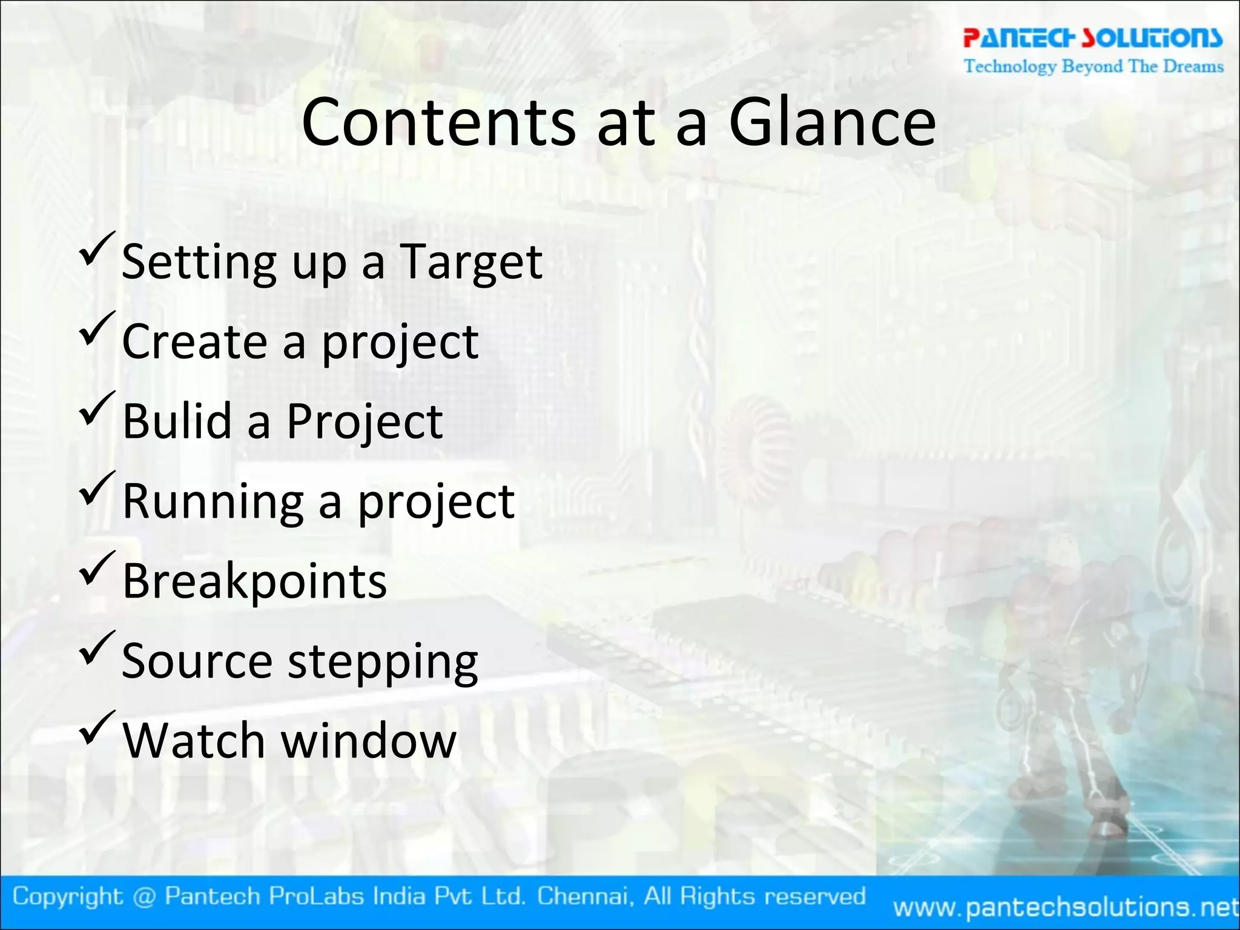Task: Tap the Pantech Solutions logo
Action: point(1093,38)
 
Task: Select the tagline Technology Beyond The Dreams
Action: point(1093,66)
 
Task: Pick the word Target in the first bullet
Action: point(471,263)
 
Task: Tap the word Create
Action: point(194,342)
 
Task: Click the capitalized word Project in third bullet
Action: point(364,422)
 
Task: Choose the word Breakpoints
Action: point(254,582)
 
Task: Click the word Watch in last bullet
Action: point(194,740)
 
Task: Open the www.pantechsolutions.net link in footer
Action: point(1066,907)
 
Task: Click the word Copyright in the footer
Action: point(68,896)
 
